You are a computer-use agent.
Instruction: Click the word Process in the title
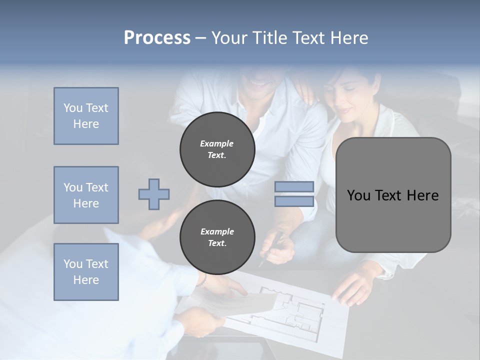pos(157,37)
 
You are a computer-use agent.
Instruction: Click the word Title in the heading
pos(269,37)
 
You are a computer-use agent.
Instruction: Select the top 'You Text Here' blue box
pos(86,116)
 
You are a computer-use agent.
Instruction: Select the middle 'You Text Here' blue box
pos(86,195)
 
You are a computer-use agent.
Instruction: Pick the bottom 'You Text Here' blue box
pos(86,271)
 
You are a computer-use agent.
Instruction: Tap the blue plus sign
pos(154,194)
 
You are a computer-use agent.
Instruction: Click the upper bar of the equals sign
pos(294,187)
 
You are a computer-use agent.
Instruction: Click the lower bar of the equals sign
pos(294,201)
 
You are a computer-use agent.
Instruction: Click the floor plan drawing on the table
pos(290,310)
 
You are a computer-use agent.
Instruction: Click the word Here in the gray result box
pos(422,195)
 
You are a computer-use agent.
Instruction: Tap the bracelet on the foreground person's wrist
pos(202,278)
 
